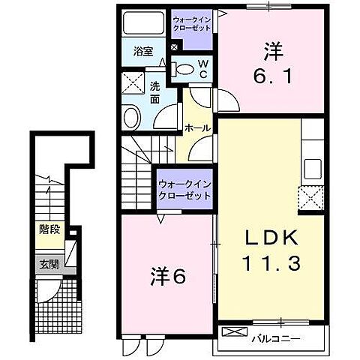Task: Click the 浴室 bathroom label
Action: click(x=144, y=52)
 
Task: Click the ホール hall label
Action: click(x=197, y=128)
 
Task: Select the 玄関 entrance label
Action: click(x=49, y=264)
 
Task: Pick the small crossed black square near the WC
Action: click(x=175, y=48)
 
